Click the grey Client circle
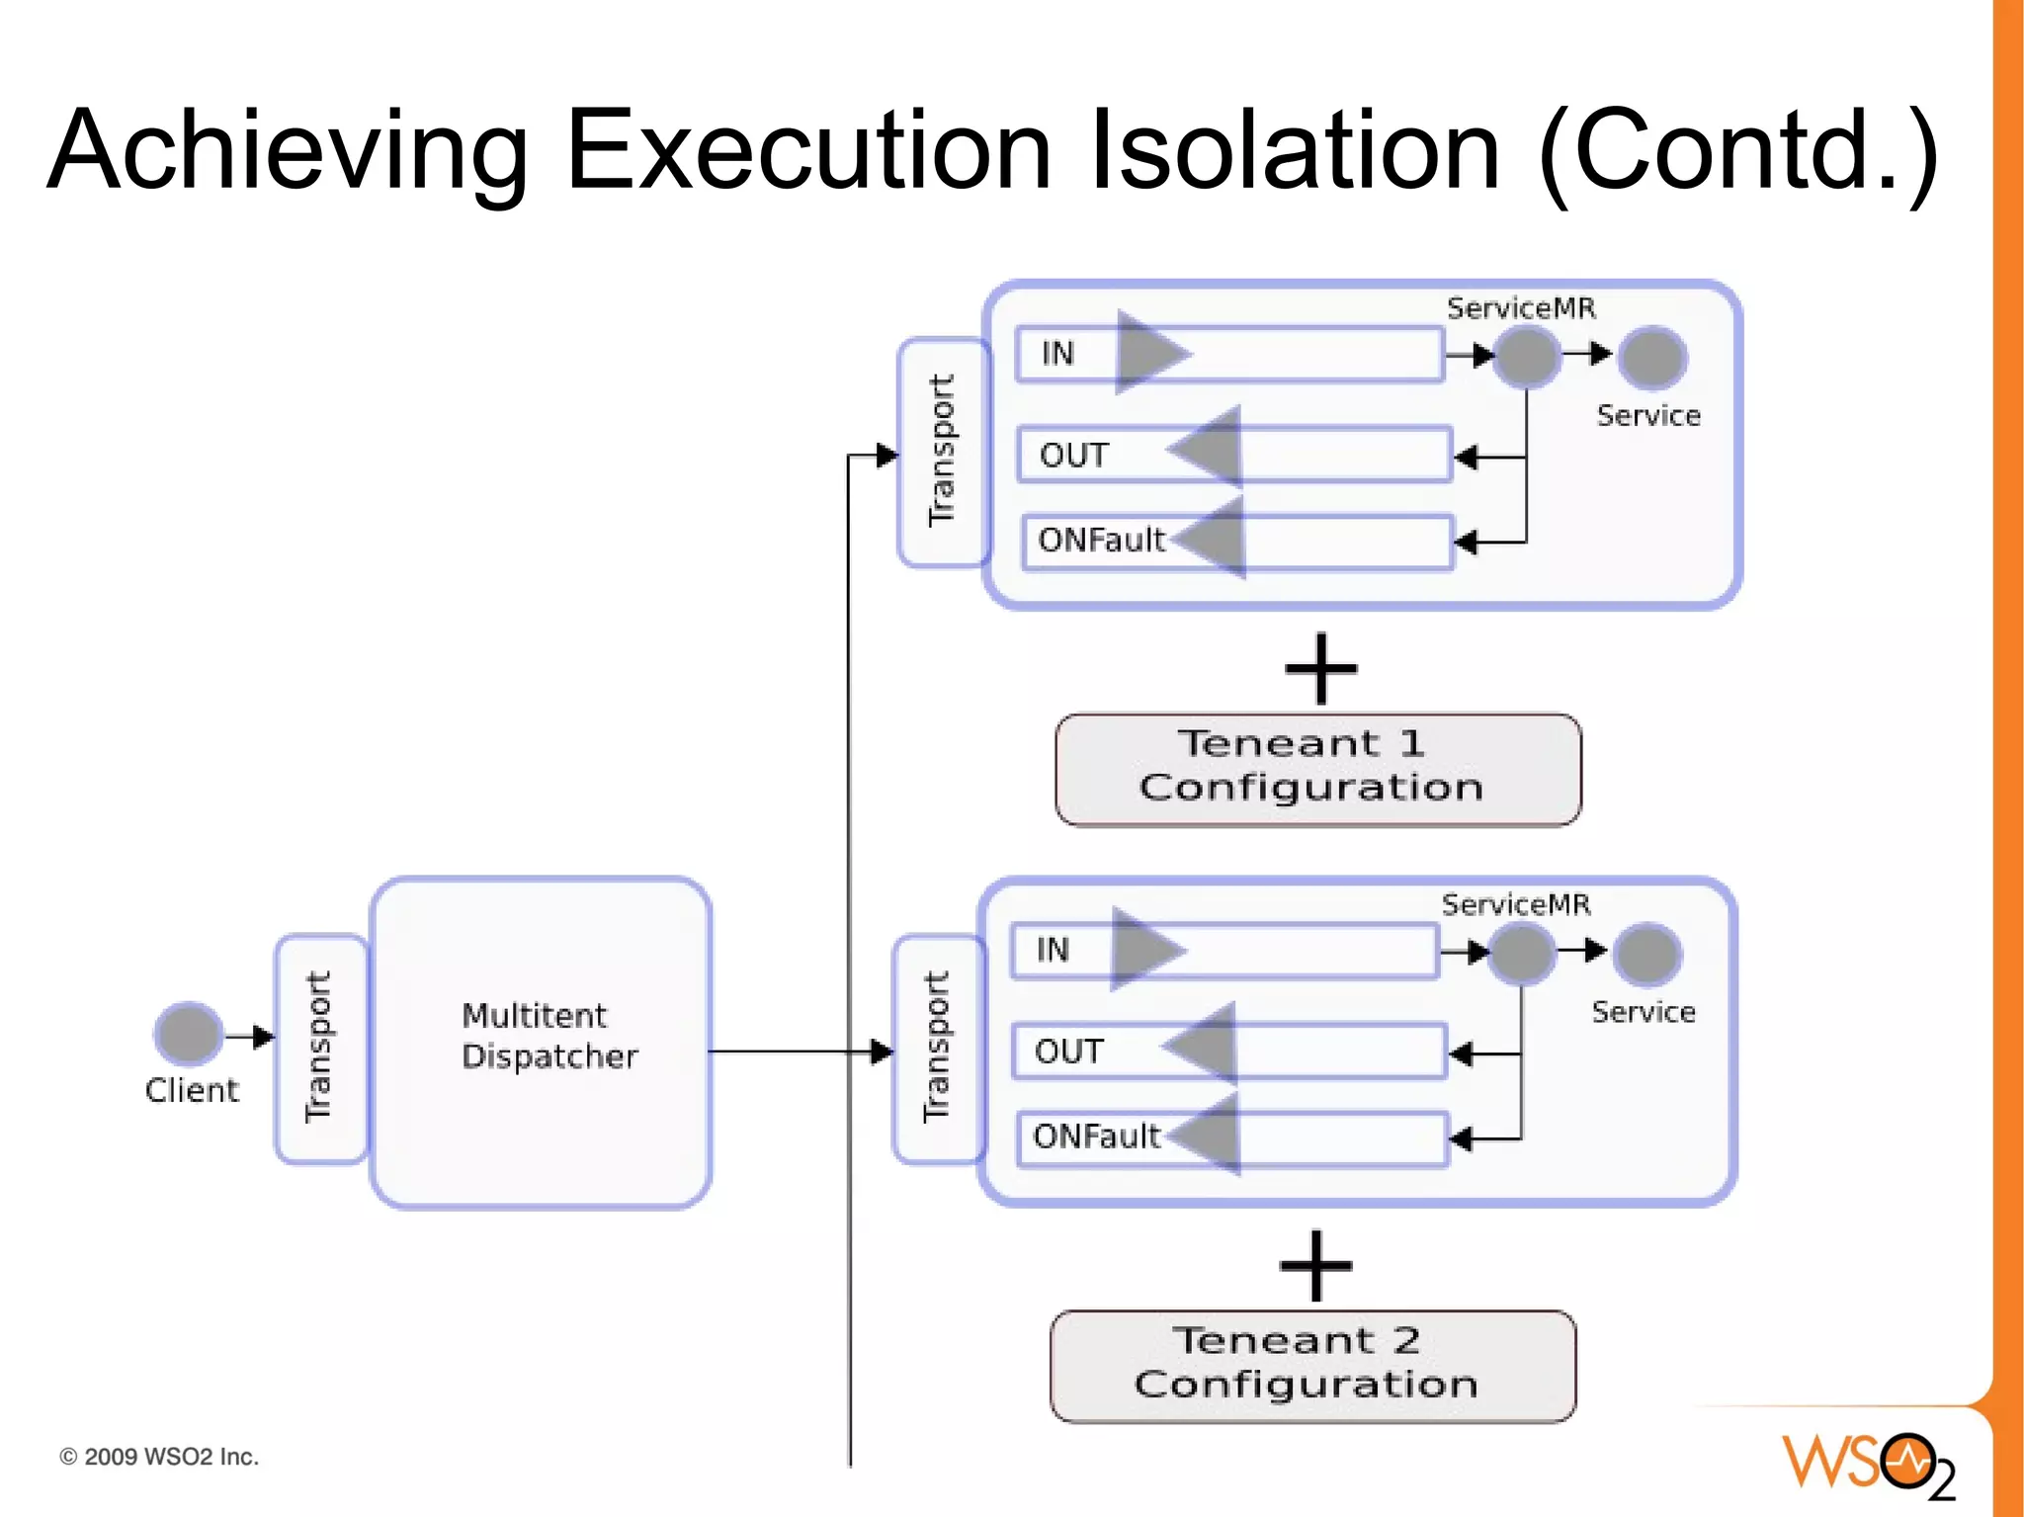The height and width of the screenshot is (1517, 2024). tap(188, 1033)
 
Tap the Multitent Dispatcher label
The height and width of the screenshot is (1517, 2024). tap(548, 1036)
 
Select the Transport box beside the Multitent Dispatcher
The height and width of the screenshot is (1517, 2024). tap(319, 1048)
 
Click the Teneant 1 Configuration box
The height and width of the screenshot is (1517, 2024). tap(1316, 768)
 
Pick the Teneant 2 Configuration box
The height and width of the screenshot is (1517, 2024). tap(1311, 1365)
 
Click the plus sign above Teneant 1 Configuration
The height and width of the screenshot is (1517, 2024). tap(1320, 669)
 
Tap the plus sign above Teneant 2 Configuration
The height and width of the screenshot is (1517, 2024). tap(1315, 1266)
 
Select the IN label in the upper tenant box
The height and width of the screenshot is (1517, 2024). tap(1057, 353)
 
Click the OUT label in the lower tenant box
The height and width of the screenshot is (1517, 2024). tap(1068, 1051)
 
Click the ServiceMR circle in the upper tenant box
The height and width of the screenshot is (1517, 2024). tap(1526, 356)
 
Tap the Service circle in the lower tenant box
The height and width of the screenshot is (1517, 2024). tap(1646, 954)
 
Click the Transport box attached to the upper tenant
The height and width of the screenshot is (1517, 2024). tap(943, 452)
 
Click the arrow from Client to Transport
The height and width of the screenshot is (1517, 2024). tap(249, 1037)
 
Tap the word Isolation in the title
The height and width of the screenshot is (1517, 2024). tap(1295, 150)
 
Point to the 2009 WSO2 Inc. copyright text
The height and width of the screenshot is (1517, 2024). tap(159, 1457)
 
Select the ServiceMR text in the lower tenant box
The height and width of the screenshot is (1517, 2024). tap(1515, 904)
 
